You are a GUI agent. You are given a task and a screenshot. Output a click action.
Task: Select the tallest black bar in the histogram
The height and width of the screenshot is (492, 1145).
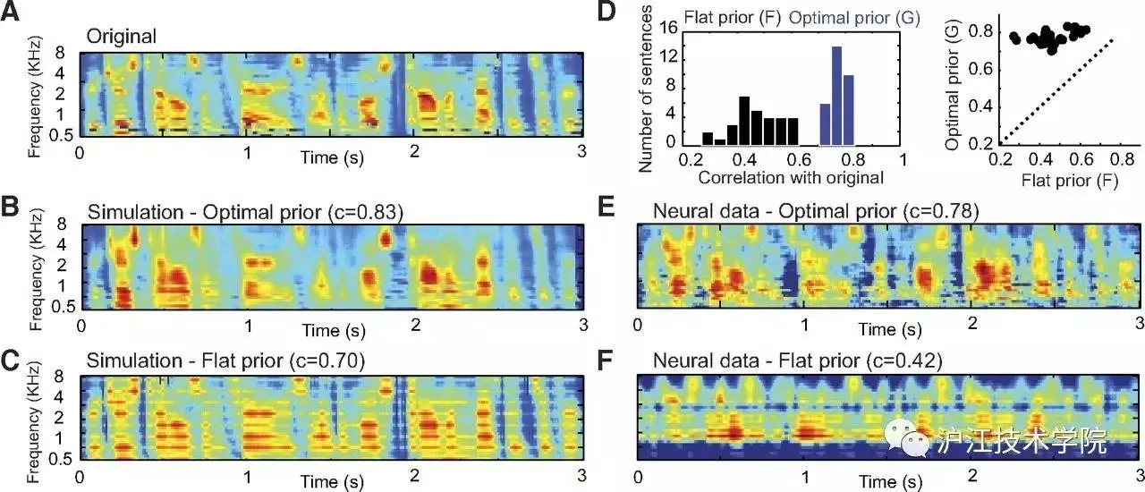coord(743,120)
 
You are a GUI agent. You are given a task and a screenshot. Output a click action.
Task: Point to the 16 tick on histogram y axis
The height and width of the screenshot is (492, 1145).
coord(668,28)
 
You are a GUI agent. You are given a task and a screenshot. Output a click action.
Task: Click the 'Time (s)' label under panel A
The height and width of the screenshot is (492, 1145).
coord(330,158)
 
